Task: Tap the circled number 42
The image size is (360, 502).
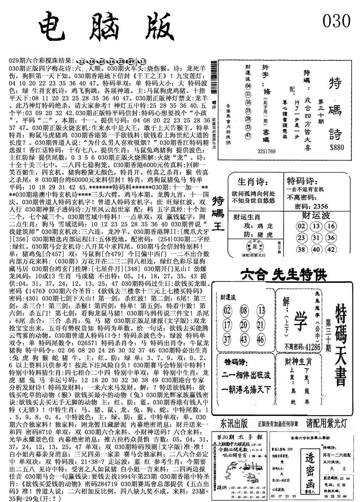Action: point(330,249)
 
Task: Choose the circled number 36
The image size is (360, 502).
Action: point(330,238)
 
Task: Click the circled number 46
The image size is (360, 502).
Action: point(261,339)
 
